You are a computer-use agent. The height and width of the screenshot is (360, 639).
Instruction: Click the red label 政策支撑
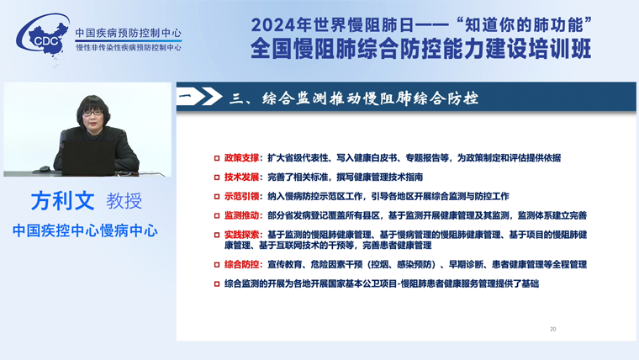[241, 158]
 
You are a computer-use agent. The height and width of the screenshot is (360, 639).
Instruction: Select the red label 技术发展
[241, 177]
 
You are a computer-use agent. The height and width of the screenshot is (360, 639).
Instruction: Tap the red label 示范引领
[241, 196]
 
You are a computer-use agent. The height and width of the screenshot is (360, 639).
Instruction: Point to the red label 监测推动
[241, 215]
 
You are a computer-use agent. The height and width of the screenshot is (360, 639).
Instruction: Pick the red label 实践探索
[241, 235]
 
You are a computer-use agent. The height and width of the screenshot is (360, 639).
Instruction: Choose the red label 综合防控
[241, 264]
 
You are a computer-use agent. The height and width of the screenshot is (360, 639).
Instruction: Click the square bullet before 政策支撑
[217, 158]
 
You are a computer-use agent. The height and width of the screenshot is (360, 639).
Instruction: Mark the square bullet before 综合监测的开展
[217, 283]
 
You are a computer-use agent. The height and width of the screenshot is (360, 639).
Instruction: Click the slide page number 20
[552, 329]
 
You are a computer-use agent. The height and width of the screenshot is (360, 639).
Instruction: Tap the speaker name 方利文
[62, 200]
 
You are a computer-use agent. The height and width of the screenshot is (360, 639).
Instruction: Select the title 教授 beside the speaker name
[124, 201]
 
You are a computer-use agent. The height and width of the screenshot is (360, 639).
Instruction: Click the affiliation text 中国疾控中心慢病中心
[85, 230]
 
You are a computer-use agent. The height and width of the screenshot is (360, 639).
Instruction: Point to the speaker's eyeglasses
[92, 113]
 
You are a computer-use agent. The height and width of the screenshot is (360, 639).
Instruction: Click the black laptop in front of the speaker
[88, 158]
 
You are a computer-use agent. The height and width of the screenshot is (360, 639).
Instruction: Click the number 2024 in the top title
[272, 25]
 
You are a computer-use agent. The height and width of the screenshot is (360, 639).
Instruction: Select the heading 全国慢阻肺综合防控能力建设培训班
[420, 49]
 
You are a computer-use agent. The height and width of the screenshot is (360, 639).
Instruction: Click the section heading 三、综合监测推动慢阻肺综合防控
[353, 98]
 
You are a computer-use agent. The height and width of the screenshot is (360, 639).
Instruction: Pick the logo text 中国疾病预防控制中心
[129, 33]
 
